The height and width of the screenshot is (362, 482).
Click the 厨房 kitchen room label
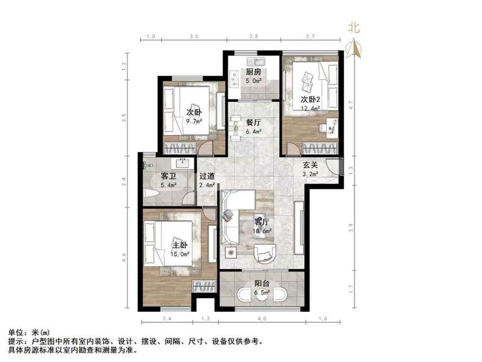tap(253, 72)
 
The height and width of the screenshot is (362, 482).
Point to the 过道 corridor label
tap(207, 176)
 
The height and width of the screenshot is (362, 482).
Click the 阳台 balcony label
tap(261, 284)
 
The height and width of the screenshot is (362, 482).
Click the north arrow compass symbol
tap(354, 49)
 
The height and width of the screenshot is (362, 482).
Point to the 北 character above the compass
tap(354, 27)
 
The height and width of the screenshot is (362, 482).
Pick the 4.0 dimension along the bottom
tap(262, 320)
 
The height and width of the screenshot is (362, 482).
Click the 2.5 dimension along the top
tap(253, 36)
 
